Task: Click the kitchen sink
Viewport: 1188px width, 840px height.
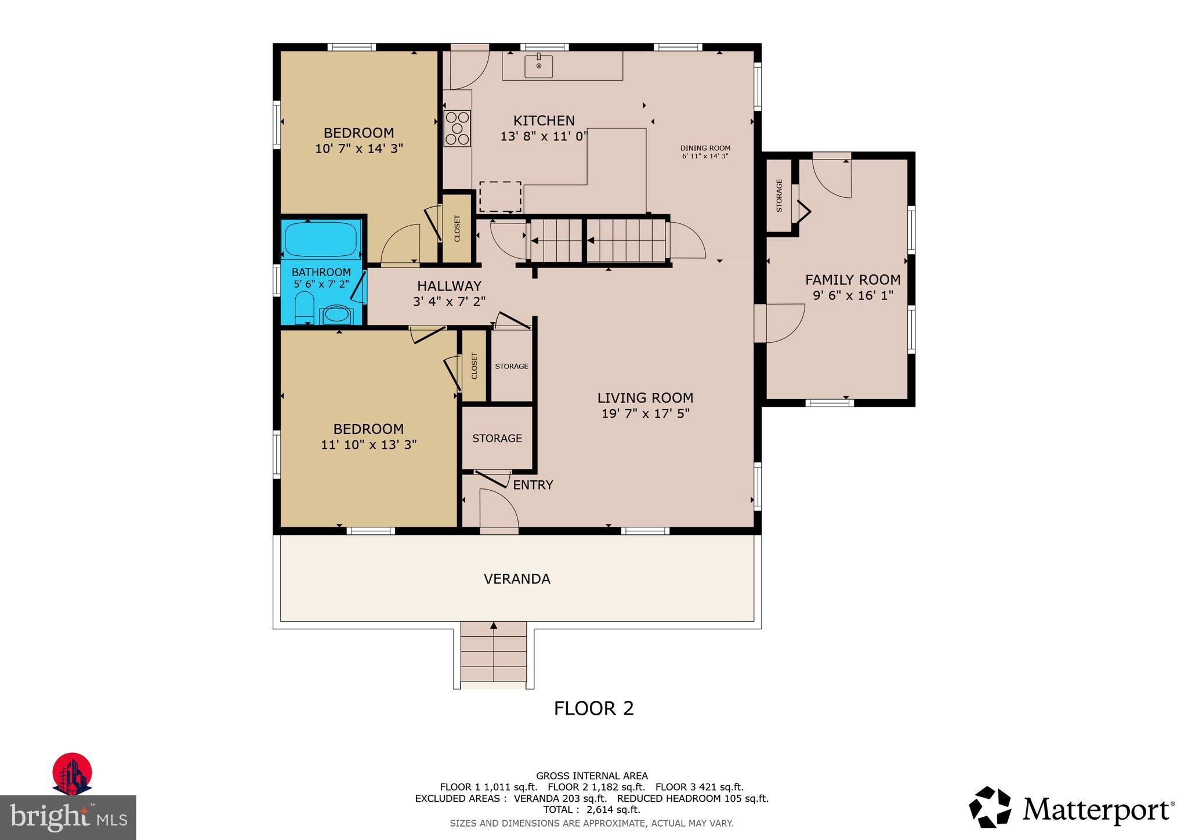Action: click(539, 66)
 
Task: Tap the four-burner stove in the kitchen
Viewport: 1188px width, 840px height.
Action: click(457, 129)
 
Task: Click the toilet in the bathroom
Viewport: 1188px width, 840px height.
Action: click(305, 307)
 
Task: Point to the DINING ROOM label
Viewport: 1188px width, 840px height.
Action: click(705, 149)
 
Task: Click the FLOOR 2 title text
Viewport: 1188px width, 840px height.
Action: click(593, 708)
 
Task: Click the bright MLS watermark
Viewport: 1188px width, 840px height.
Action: click(68, 818)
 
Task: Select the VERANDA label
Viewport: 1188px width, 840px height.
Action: click(517, 579)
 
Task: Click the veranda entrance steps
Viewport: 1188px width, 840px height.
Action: click(494, 654)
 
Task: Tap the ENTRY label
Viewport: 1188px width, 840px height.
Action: click(533, 485)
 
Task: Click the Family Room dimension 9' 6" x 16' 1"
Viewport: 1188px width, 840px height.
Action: click(853, 295)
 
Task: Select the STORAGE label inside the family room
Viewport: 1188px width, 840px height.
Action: click(779, 195)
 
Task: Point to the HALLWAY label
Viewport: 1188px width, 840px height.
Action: click(449, 286)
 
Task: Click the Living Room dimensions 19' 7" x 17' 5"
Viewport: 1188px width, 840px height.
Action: click(645, 414)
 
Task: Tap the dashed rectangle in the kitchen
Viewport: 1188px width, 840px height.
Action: click(500, 197)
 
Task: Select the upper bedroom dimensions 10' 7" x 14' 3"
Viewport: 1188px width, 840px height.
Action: click(358, 149)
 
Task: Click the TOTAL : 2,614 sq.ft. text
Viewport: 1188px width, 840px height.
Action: click(592, 810)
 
